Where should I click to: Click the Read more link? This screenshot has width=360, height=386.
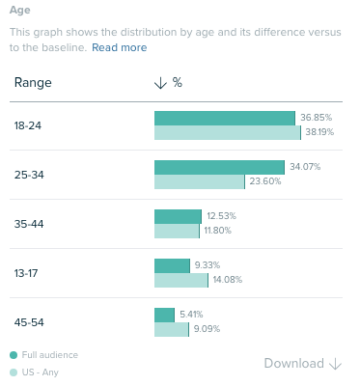click(120, 47)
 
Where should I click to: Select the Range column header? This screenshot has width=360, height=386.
click(33, 83)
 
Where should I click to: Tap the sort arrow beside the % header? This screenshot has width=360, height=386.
click(160, 83)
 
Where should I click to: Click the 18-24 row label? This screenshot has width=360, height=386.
click(28, 125)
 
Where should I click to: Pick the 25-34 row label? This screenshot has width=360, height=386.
click(28, 175)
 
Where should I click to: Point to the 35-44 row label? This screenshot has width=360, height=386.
click(28, 224)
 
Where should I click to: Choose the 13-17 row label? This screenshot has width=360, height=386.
click(27, 273)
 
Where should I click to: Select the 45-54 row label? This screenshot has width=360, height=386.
click(28, 322)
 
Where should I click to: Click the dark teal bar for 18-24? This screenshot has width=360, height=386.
click(224, 118)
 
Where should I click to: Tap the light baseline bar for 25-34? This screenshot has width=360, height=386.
click(199, 182)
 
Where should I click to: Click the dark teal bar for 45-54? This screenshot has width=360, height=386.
click(164, 315)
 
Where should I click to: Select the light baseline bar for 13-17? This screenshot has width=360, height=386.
click(180, 281)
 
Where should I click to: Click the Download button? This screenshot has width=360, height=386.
click(303, 364)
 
